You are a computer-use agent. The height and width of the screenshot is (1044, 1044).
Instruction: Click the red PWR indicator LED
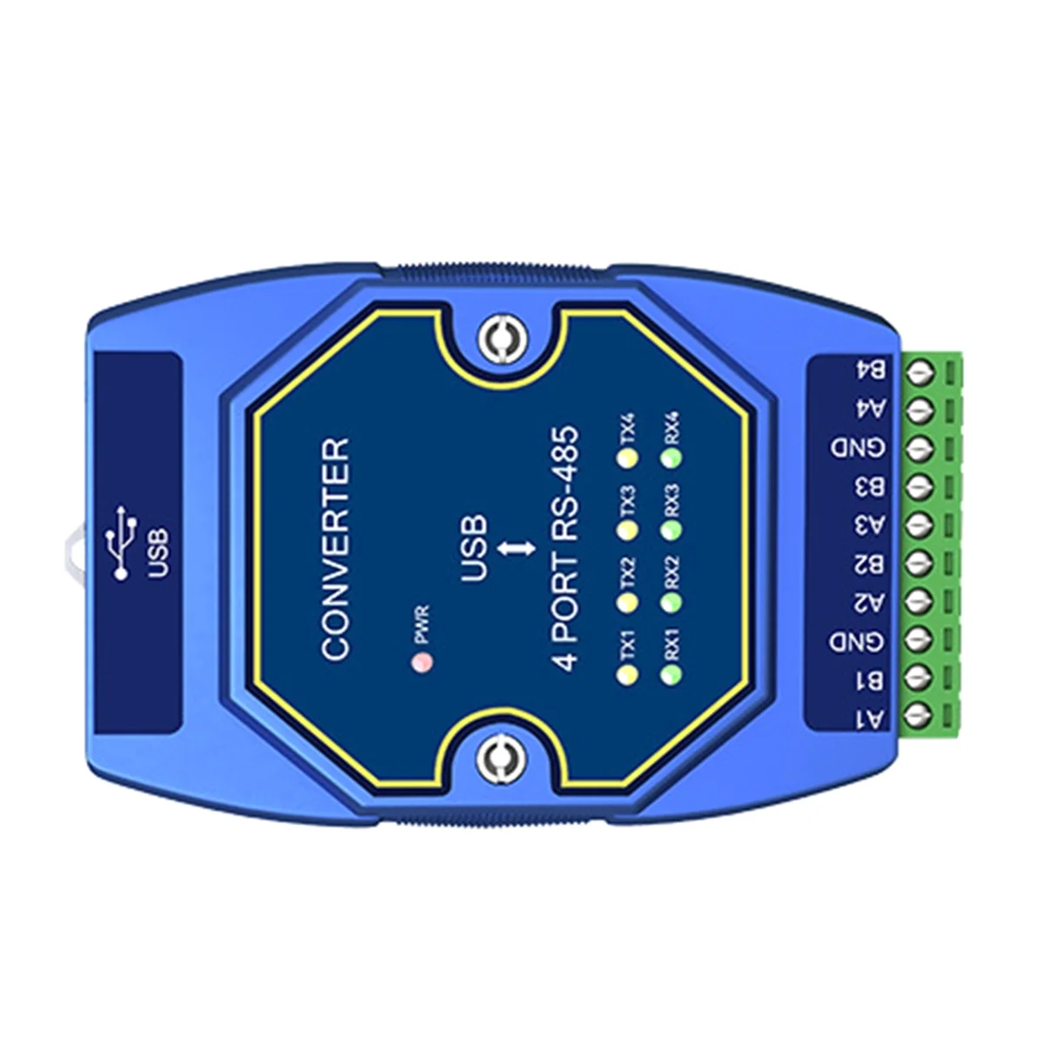(422, 664)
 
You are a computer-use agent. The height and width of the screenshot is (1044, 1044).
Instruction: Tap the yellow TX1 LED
(626, 674)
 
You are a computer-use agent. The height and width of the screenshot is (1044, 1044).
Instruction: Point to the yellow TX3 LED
(626, 528)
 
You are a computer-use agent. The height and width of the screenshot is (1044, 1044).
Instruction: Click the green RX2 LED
(671, 601)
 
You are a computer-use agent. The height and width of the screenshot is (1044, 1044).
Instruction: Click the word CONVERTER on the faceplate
(336, 548)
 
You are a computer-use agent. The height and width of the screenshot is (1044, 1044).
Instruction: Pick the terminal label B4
(870, 371)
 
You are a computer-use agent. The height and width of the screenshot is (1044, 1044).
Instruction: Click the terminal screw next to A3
(920, 525)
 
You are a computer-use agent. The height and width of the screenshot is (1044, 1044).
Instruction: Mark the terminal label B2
(870, 564)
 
